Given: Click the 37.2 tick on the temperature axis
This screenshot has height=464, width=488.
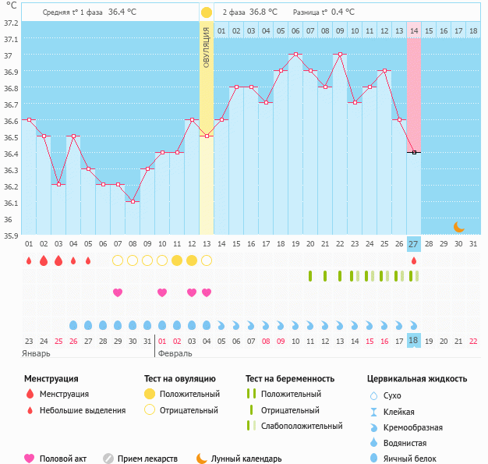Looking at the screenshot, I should [10, 23].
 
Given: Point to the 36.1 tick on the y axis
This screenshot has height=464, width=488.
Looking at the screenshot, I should [10, 204].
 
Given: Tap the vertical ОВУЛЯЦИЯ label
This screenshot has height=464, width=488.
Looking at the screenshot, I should [207, 47].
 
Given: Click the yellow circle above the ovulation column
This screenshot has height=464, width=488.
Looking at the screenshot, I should [206, 12].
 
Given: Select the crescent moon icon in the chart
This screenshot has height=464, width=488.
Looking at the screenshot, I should [459, 227].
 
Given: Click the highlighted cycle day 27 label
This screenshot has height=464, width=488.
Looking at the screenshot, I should [414, 243].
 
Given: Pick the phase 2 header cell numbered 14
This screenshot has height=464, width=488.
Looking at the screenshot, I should [414, 30].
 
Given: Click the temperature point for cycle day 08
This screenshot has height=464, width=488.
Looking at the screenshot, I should [133, 202].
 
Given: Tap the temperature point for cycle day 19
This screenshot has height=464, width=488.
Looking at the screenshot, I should [295, 55].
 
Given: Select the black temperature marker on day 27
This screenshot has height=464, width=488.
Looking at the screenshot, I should [414, 152].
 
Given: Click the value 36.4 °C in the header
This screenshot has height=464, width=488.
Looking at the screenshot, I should [122, 12].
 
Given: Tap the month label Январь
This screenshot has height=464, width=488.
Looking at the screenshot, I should [37, 353].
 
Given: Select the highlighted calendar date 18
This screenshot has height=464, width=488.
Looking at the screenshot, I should [414, 341].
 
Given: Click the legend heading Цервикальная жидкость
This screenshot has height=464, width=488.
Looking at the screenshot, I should [417, 378].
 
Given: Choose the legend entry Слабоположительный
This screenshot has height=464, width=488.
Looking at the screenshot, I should [302, 426].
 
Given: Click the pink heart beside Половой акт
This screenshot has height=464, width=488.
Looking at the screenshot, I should [30, 459].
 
